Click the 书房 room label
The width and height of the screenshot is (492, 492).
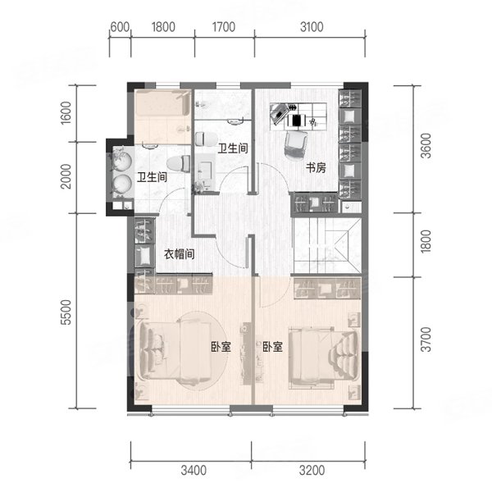pos(316,168)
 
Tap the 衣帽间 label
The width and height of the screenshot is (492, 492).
pos(179,254)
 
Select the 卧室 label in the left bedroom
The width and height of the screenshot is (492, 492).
pos(221,346)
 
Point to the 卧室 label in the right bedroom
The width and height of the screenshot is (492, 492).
pos(273,346)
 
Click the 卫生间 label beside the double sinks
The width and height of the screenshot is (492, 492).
pos(152,177)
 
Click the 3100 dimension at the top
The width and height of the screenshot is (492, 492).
pos(312,27)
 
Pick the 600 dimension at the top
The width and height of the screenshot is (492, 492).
pos(120,27)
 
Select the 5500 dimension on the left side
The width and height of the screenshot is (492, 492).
pos(66,312)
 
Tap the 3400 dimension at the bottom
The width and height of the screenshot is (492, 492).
pos(194,471)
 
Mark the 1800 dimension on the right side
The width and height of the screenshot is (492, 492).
pos(426,241)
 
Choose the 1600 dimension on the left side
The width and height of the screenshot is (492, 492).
pos(66,113)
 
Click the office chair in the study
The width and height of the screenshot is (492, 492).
pos(295,144)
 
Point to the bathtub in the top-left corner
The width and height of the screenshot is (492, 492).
pos(162,103)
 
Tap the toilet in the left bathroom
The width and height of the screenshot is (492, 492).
pos(179,164)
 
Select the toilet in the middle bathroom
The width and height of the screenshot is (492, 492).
pos(206,139)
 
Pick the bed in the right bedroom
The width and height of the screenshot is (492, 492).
pos(323,354)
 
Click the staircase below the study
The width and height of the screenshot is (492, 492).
pos(326,246)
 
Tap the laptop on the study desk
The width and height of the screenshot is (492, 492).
pos(279,114)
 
